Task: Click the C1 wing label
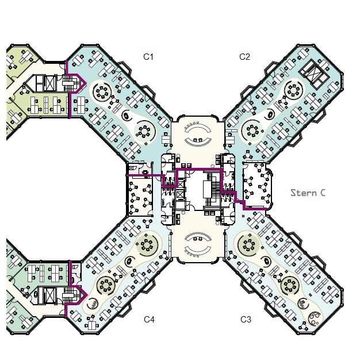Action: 148,57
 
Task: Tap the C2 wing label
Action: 244,57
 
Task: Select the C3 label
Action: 246,320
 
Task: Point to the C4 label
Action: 149,320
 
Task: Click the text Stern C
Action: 308,193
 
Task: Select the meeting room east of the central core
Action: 258,186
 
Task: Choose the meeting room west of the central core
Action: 140,196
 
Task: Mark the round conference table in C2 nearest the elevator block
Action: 293,90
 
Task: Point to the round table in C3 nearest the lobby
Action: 248,244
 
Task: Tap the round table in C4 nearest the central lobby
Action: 147,244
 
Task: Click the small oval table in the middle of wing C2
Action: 270,114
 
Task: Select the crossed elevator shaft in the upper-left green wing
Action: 50,83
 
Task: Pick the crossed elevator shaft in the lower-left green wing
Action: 50,295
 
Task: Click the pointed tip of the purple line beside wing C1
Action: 86,83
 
